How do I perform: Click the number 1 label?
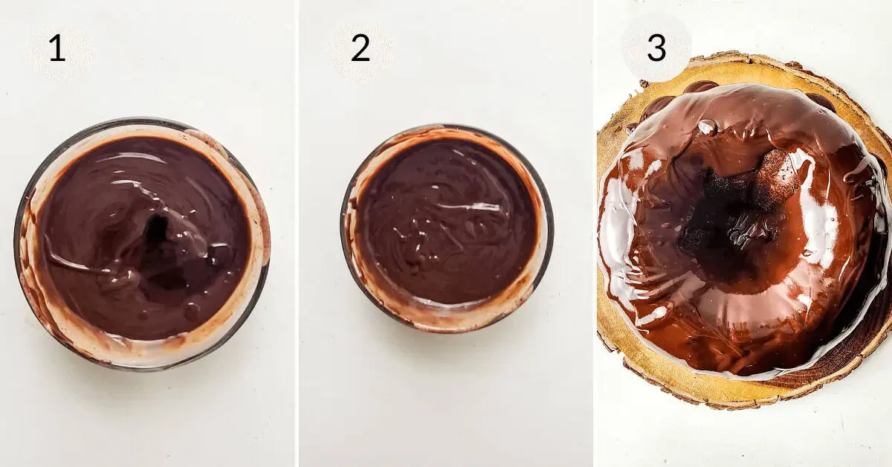click(57, 48)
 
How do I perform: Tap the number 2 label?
click(361, 48)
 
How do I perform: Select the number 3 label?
click(656, 48)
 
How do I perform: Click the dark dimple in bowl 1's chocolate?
click(158, 231)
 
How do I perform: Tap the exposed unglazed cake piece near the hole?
click(777, 175)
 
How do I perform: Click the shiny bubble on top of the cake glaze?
click(707, 127)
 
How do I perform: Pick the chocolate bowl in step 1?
click(142, 244)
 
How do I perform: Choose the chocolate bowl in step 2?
click(447, 228)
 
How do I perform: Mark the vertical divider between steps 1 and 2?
click(297, 233)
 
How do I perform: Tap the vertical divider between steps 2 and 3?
click(593, 233)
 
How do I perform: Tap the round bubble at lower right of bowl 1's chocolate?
click(193, 311)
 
